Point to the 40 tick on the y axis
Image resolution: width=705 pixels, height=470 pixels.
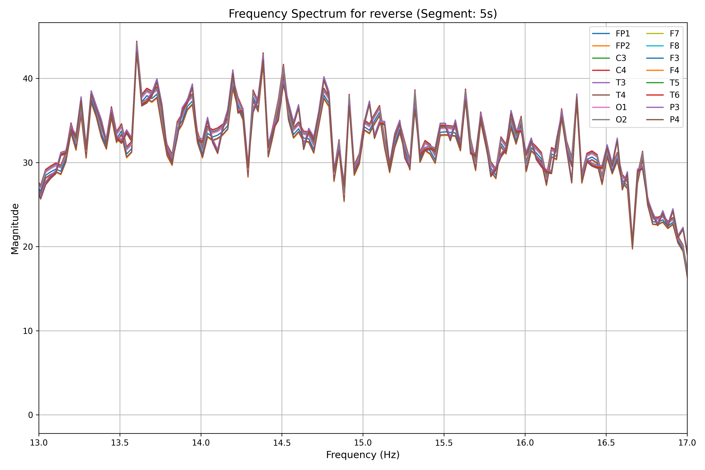coord(28,79)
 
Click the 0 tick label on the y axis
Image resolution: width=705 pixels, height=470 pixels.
coord(30,415)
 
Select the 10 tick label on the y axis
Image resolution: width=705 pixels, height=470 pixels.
coord(28,331)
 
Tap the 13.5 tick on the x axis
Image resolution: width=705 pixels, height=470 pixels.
coord(120,443)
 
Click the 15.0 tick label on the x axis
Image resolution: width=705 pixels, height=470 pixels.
coord(363,443)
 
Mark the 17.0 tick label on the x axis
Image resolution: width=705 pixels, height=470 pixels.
coord(687,443)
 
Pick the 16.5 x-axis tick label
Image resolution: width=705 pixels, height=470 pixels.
coord(606,443)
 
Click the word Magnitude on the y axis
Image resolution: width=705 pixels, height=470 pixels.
coord(15,229)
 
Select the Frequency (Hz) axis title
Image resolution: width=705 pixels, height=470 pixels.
coord(363,455)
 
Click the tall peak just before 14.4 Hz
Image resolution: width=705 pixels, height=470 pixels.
coord(263,53)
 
